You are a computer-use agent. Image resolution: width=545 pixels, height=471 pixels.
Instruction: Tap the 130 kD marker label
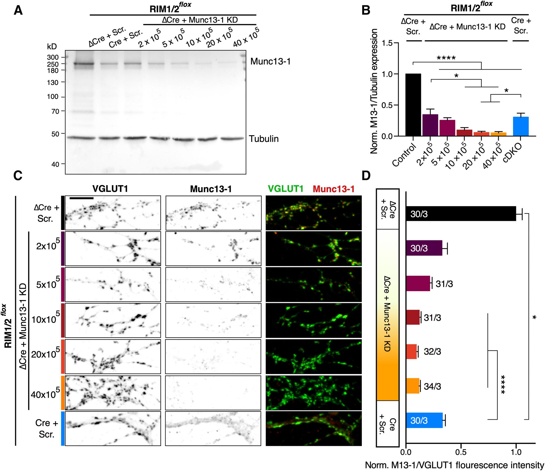(52, 83)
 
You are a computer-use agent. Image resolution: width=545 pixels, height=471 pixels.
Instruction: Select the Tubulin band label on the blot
(264, 139)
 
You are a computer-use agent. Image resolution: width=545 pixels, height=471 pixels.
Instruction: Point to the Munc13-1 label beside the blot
(270, 62)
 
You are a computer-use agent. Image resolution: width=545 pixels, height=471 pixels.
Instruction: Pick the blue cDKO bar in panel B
(521, 126)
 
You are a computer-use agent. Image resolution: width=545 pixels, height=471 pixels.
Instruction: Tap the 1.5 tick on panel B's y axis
(387, 43)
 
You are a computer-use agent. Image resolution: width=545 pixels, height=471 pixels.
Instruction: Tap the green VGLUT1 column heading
(286, 189)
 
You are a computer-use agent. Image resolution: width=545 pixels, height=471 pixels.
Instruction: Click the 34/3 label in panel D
(432, 386)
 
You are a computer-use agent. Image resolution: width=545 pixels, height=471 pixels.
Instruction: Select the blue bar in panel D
(424, 420)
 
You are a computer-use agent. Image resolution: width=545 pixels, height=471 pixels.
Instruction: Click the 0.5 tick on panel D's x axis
(461, 452)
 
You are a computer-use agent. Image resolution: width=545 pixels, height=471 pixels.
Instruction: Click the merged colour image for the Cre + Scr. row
(313, 428)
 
